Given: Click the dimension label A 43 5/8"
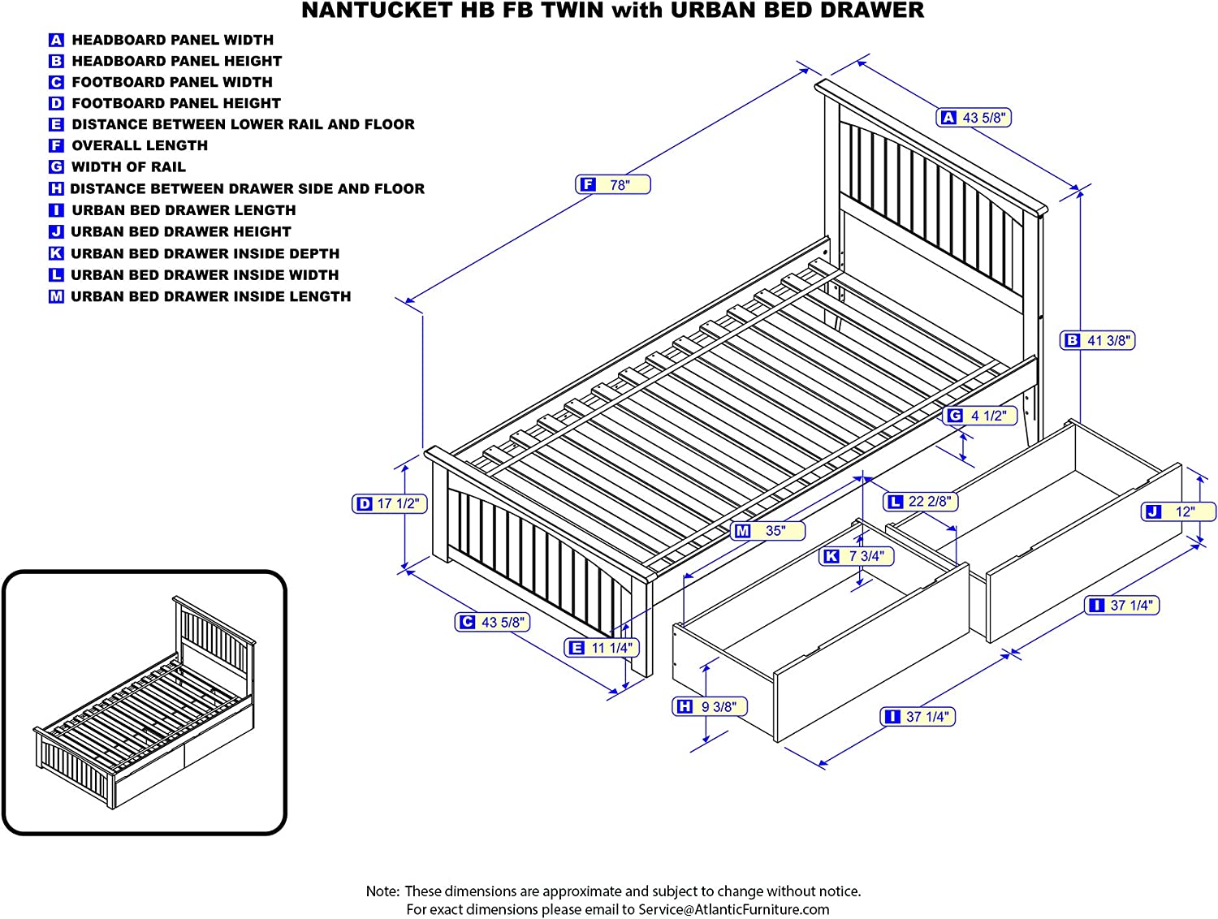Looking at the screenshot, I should [x=974, y=118].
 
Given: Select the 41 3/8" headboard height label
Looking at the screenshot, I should [x=1097, y=341].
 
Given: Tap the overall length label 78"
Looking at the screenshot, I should [x=613, y=185].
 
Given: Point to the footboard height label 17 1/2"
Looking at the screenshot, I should [x=390, y=504].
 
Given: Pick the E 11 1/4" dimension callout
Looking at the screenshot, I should [x=601, y=648].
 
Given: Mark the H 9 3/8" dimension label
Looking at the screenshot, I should [x=710, y=707].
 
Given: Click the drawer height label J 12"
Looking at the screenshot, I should [x=1178, y=511].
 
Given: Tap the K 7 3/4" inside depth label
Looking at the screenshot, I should [x=857, y=556].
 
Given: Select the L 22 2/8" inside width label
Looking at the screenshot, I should [x=920, y=502].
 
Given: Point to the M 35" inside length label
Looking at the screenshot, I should [x=767, y=531].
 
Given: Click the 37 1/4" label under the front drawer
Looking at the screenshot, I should [x=918, y=717].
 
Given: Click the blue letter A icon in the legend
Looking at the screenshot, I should [x=56, y=40].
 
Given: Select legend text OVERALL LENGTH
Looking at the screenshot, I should [x=140, y=145].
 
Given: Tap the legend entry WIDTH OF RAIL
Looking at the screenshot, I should [x=128, y=166].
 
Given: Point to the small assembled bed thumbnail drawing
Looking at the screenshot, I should [x=145, y=703].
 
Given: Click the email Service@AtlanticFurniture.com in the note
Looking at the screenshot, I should [x=733, y=909].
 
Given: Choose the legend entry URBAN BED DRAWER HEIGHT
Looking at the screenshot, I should [x=180, y=231].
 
